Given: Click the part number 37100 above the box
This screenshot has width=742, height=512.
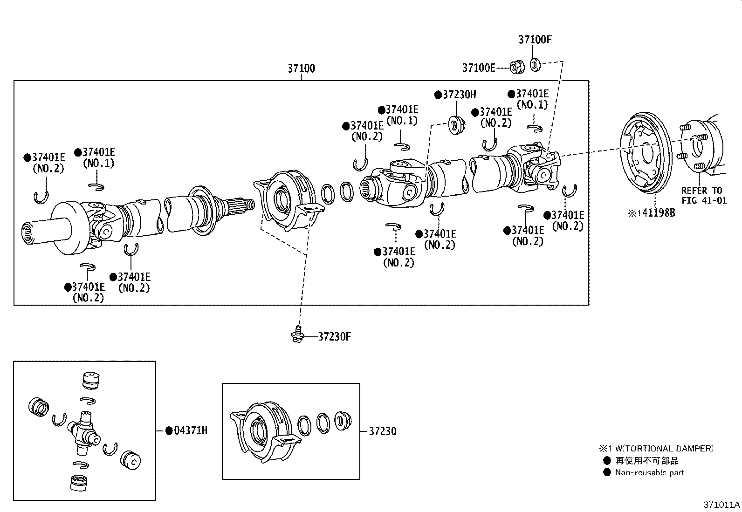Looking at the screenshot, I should pyautogui.click(x=301, y=68).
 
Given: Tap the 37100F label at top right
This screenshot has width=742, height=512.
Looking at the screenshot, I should pyautogui.click(x=535, y=40).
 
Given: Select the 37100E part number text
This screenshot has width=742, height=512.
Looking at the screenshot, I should pyautogui.click(x=478, y=68).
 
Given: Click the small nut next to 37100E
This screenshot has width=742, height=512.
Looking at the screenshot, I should pyautogui.click(x=516, y=67).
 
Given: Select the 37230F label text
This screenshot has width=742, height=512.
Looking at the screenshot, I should pyautogui.click(x=334, y=336).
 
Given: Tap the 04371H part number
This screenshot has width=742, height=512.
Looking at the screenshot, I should pyautogui.click(x=190, y=430).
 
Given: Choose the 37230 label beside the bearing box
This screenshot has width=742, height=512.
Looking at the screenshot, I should pyautogui.click(x=382, y=431).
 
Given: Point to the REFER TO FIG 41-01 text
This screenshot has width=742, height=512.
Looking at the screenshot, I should pyautogui.click(x=704, y=196).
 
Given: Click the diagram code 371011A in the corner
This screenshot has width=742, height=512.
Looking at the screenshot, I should pyautogui.click(x=721, y=505).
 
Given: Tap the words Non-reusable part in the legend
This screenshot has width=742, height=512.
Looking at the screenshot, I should pyautogui.click(x=649, y=473).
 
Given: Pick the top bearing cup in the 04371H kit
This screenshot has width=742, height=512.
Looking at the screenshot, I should pyautogui.click(x=91, y=380).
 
